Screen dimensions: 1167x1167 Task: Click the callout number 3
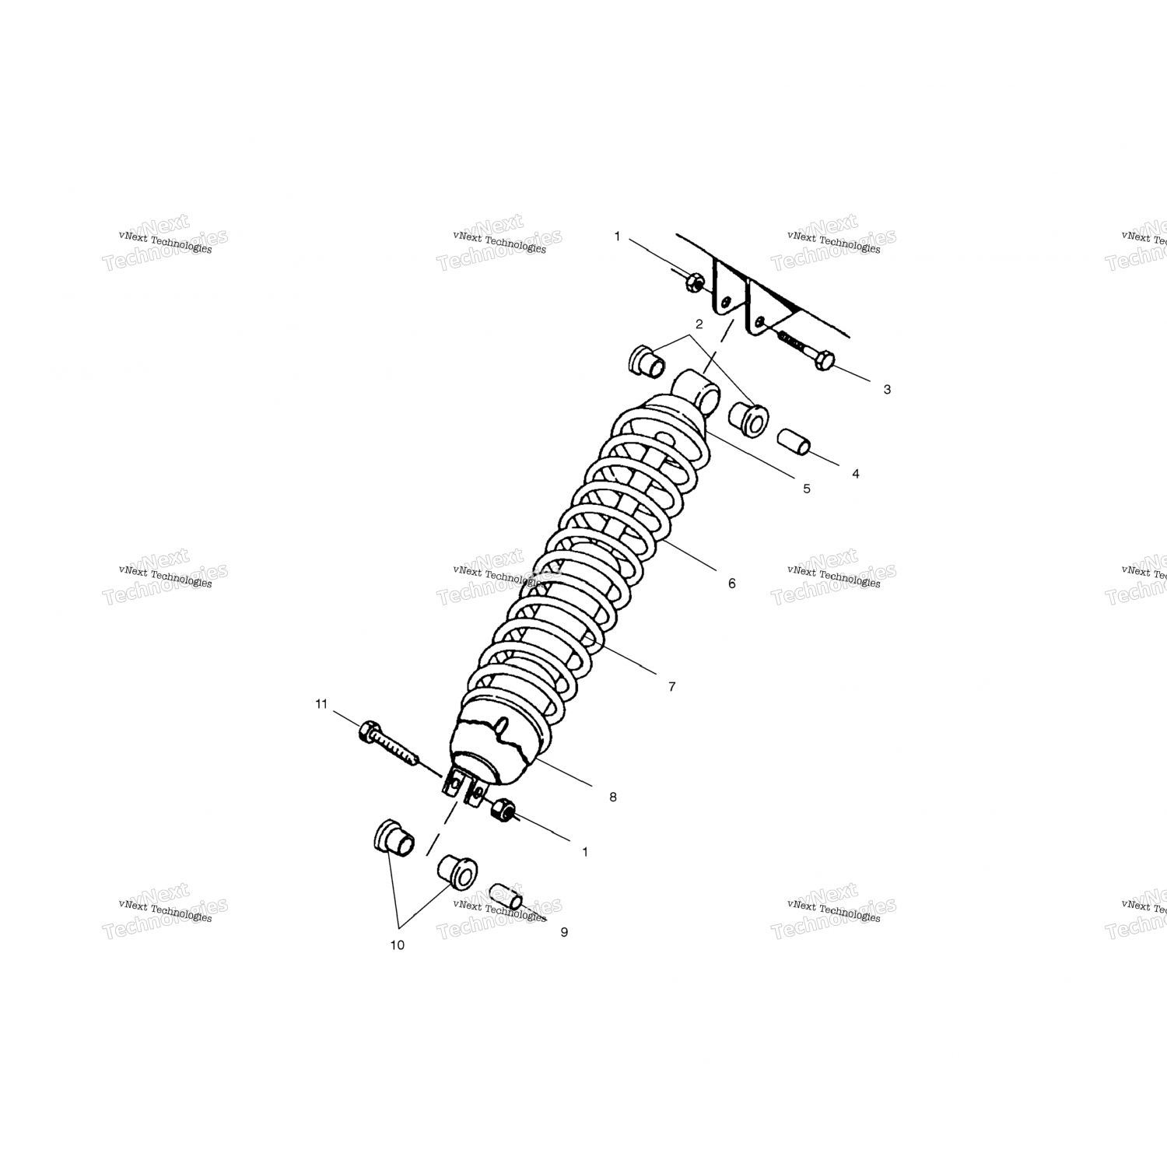tap(887, 390)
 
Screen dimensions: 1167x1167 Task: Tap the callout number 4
tap(855, 474)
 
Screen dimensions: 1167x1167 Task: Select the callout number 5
tap(807, 489)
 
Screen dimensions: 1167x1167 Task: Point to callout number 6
tap(731, 583)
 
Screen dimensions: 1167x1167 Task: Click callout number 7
tap(671, 686)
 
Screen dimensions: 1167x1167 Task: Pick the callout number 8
tap(613, 797)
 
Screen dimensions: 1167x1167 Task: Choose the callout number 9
tap(564, 932)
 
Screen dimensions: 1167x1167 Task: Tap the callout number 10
tap(398, 945)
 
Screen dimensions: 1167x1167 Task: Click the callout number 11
tap(321, 704)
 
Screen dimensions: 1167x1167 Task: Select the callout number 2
tap(699, 324)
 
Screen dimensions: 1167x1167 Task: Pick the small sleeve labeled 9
tap(506, 896)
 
